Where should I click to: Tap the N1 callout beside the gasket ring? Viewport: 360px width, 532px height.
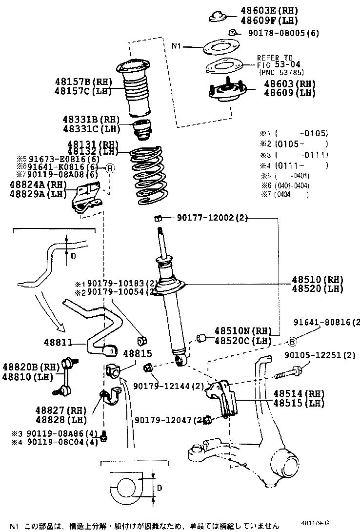click(177, 47)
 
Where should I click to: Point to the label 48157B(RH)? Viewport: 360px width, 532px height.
click(83, 82)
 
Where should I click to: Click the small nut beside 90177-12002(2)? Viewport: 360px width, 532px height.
click(158, 217)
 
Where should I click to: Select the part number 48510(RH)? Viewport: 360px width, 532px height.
click(317, 280)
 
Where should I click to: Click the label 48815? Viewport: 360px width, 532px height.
click(137, 353)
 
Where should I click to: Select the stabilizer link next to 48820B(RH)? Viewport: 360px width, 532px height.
click(66, 376)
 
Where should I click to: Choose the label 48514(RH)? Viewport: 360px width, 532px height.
click(298, 393)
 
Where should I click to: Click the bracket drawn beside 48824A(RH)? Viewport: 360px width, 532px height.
click(87, 198)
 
